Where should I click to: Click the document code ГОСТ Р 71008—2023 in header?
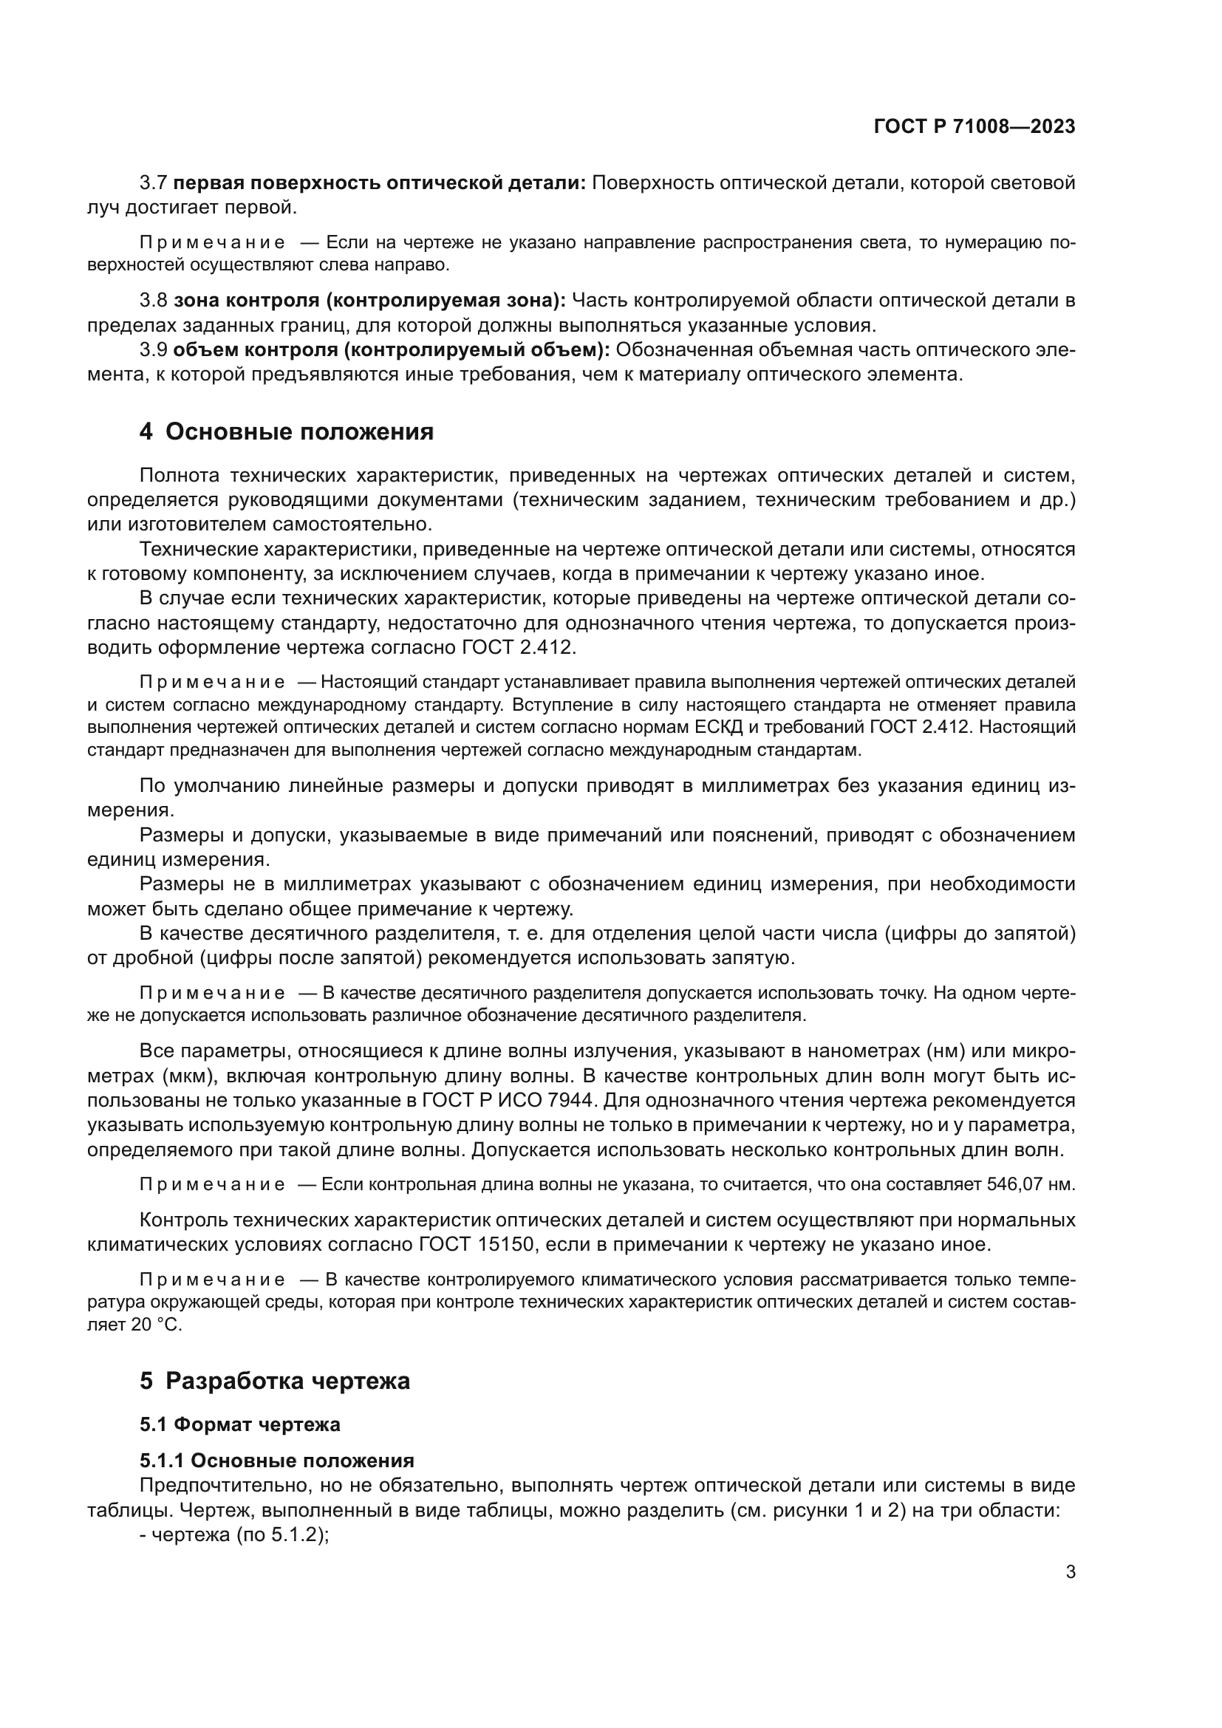point(974,126)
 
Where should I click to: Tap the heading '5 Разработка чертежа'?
point(275,1381)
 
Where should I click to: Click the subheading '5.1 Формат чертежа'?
point(239,1424)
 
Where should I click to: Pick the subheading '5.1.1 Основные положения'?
point(276,1461)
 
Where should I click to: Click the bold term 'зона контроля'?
point(246,301)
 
